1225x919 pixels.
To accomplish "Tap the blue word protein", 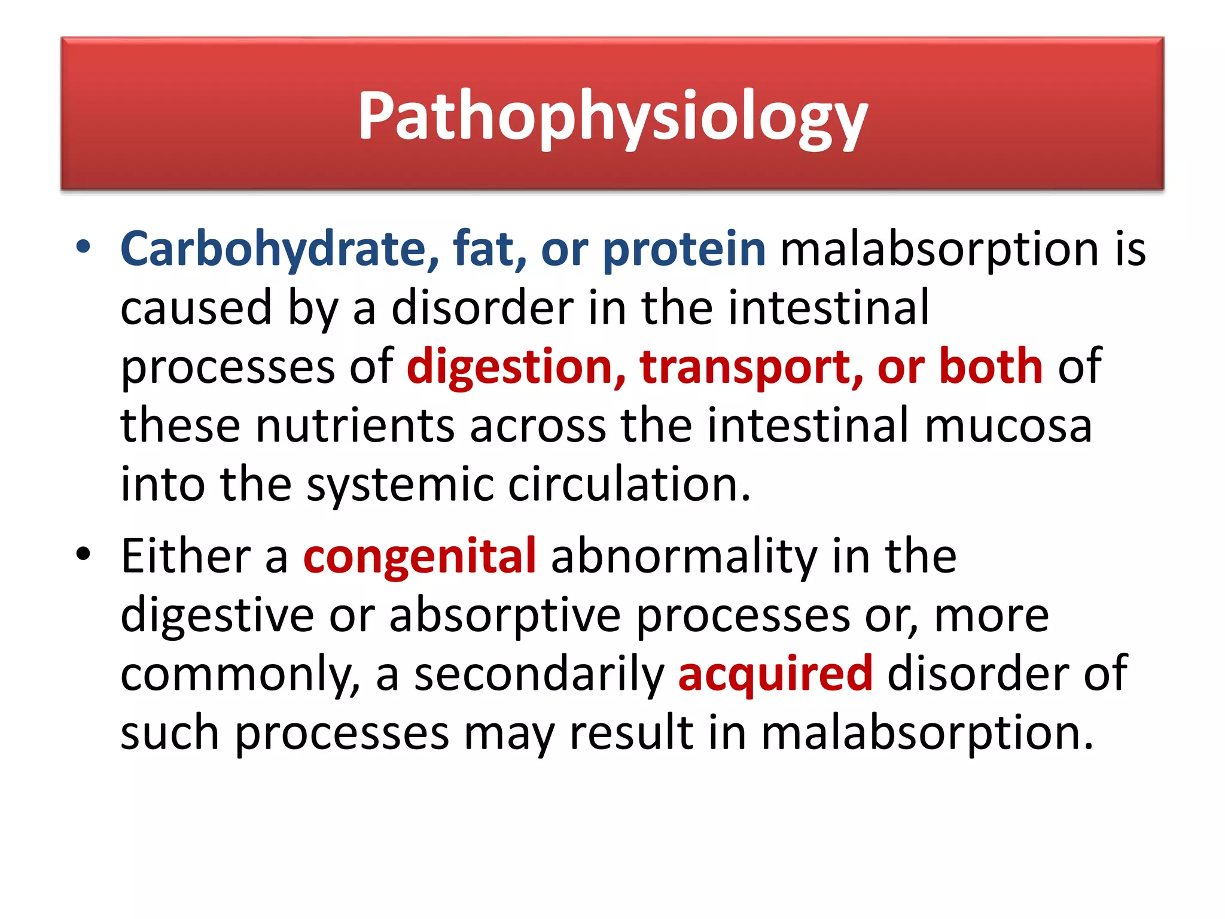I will click(684, 249).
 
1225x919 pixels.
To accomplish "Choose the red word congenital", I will click(419, 556).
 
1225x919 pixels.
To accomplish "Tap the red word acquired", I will click(775, 674).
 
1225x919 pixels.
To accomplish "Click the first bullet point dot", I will click(83, 247).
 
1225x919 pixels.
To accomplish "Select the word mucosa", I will click(1008, 425).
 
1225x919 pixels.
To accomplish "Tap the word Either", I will click(185, 556).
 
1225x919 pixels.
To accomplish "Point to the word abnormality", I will click(684, 556).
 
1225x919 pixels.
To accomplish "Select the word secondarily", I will click(539, 674).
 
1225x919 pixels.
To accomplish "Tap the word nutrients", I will click(355, 425).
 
